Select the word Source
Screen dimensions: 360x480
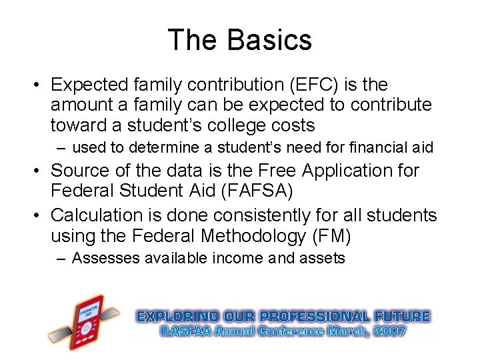pos(77,171)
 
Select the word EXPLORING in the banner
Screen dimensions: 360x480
pos(177,317)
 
